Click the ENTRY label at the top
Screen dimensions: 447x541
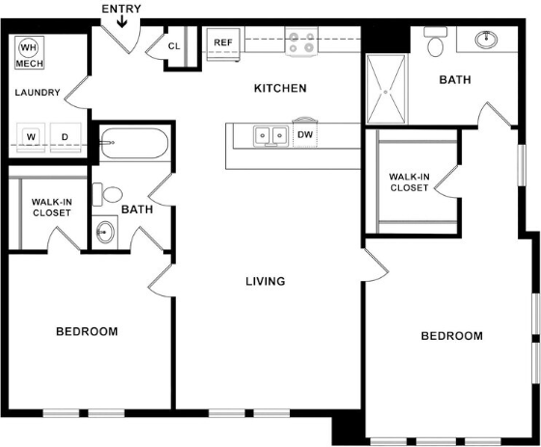click(x=121, y=9)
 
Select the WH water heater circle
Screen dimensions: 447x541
click(x=28, y=46)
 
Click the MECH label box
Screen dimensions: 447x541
click(x=29, y=63)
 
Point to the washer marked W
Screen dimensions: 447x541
click(x=31, y=137)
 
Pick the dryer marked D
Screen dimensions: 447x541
click(x=66, y=137)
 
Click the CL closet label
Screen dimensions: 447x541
click(x=175, y=45)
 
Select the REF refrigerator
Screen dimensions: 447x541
click(x=223, y=43)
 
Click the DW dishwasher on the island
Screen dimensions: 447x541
click(x=304, y=135)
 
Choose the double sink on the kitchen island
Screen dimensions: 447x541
click(x=270, y=135)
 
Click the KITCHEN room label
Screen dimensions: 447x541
click(x=280, y=89)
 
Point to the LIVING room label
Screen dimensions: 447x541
click(x=265, y=282)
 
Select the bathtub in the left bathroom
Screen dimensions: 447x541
click(x=133, y=144)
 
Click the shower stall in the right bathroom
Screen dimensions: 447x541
click(x=386, y=90)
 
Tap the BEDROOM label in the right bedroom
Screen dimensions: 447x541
click(x=451, y=336)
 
